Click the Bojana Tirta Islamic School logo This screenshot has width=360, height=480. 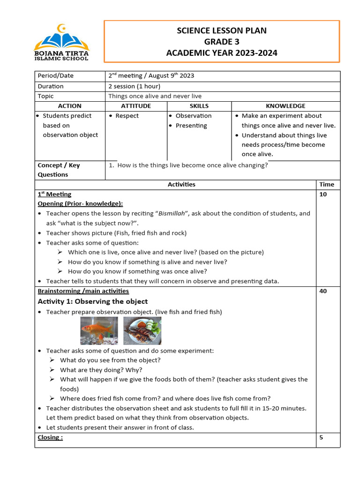(61, 42)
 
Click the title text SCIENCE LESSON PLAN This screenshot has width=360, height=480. (221, 30)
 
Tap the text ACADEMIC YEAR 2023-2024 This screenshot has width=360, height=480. (221, 53)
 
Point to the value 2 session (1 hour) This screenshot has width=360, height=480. (135, 86)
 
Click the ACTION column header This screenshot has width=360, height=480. (70, 106)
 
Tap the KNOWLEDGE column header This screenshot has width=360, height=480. (285, 106)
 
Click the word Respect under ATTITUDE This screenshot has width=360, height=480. (127, 116)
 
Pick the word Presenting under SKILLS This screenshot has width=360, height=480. (191, 126)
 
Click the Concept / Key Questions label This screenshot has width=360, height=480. (59, 170)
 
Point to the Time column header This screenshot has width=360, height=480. (327, 184)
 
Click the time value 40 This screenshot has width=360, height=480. (323, 291)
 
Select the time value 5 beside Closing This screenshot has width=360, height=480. (321, 437)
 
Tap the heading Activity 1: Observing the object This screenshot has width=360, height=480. (92, 301)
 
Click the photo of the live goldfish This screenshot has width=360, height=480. (99, 330)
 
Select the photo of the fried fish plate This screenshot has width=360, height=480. (142, 330)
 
